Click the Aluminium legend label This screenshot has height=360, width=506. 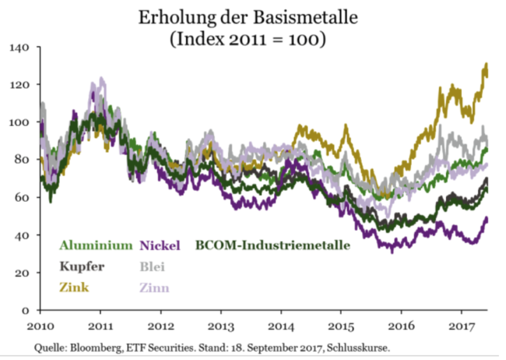coord(96,246)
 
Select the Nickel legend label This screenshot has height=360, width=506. coord(160,246)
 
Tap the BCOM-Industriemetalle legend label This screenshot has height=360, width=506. coord(272,246)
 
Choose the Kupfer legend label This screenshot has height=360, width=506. coord(81,266)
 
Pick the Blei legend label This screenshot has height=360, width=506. coord(152,266)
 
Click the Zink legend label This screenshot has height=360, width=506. coord(74,288)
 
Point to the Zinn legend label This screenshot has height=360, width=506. coord(154,288)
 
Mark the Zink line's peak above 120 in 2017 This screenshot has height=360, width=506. coord(486,65)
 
